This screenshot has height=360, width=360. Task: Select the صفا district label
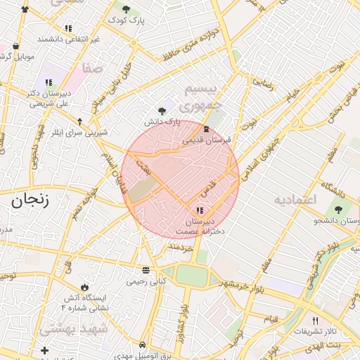click(92, 68)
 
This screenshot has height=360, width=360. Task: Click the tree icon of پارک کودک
click(126, 9)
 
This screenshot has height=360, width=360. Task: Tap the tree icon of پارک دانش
click(162, 110)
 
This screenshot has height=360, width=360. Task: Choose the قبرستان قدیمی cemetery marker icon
click(205, 129)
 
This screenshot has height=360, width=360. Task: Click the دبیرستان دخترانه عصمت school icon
click(200, 210)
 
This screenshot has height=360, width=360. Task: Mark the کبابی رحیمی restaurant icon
click(146, 270)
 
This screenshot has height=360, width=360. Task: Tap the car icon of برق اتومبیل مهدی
click(143, 345)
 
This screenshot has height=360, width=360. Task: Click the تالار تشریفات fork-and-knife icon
click(315, 320)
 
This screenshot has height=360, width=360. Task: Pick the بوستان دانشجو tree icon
click(339, 210)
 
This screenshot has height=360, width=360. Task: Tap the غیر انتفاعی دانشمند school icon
click(68, 28)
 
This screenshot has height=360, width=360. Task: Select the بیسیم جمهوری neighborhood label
click(202, 97)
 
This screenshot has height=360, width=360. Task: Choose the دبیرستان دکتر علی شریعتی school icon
click(49, 82)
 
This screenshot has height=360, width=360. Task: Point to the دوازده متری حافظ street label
click(191, 44)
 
